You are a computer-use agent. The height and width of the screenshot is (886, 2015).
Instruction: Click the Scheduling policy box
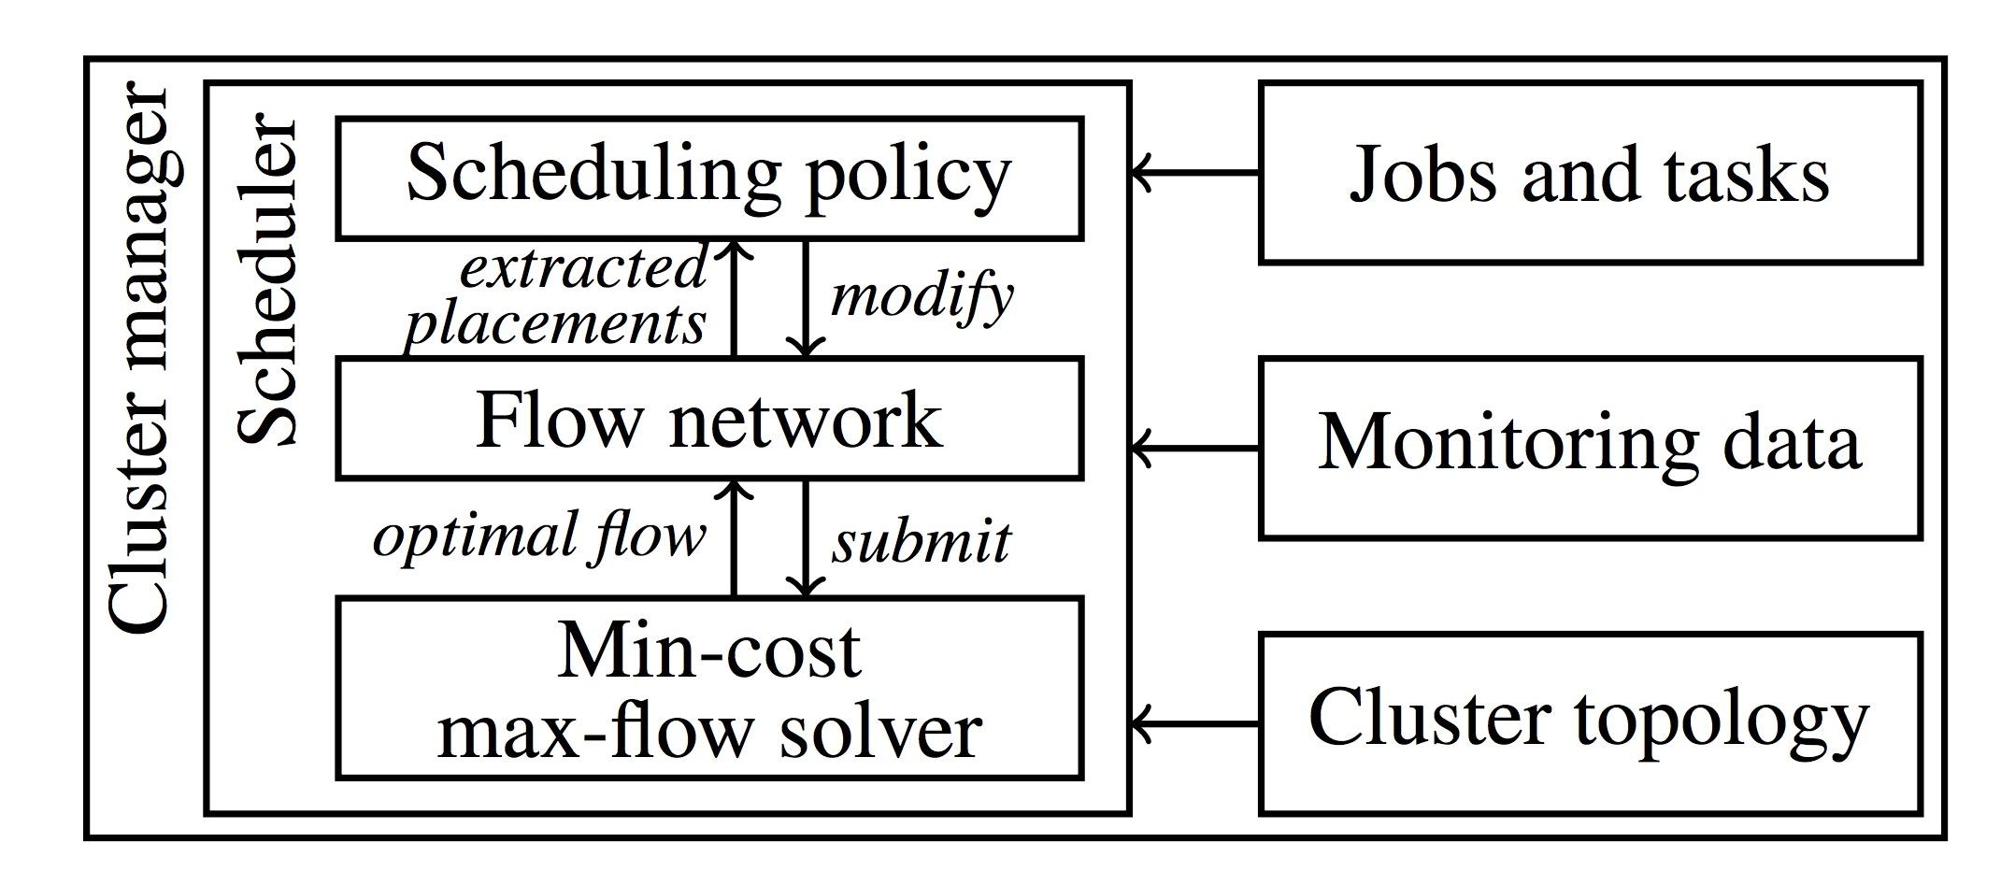708,177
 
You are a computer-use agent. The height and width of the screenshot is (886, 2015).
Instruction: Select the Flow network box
708,418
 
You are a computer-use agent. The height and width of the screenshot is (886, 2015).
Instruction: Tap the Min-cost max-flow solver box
708,688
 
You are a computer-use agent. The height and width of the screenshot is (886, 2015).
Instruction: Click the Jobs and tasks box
1589,173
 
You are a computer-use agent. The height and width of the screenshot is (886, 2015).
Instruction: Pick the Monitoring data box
1589,447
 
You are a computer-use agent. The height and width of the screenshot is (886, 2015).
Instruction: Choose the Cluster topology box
1589,722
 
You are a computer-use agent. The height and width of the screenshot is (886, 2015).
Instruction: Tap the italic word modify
921,297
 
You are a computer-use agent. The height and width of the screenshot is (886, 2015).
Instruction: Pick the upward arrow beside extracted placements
735,299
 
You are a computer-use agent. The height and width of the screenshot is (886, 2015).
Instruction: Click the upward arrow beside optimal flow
735,538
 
